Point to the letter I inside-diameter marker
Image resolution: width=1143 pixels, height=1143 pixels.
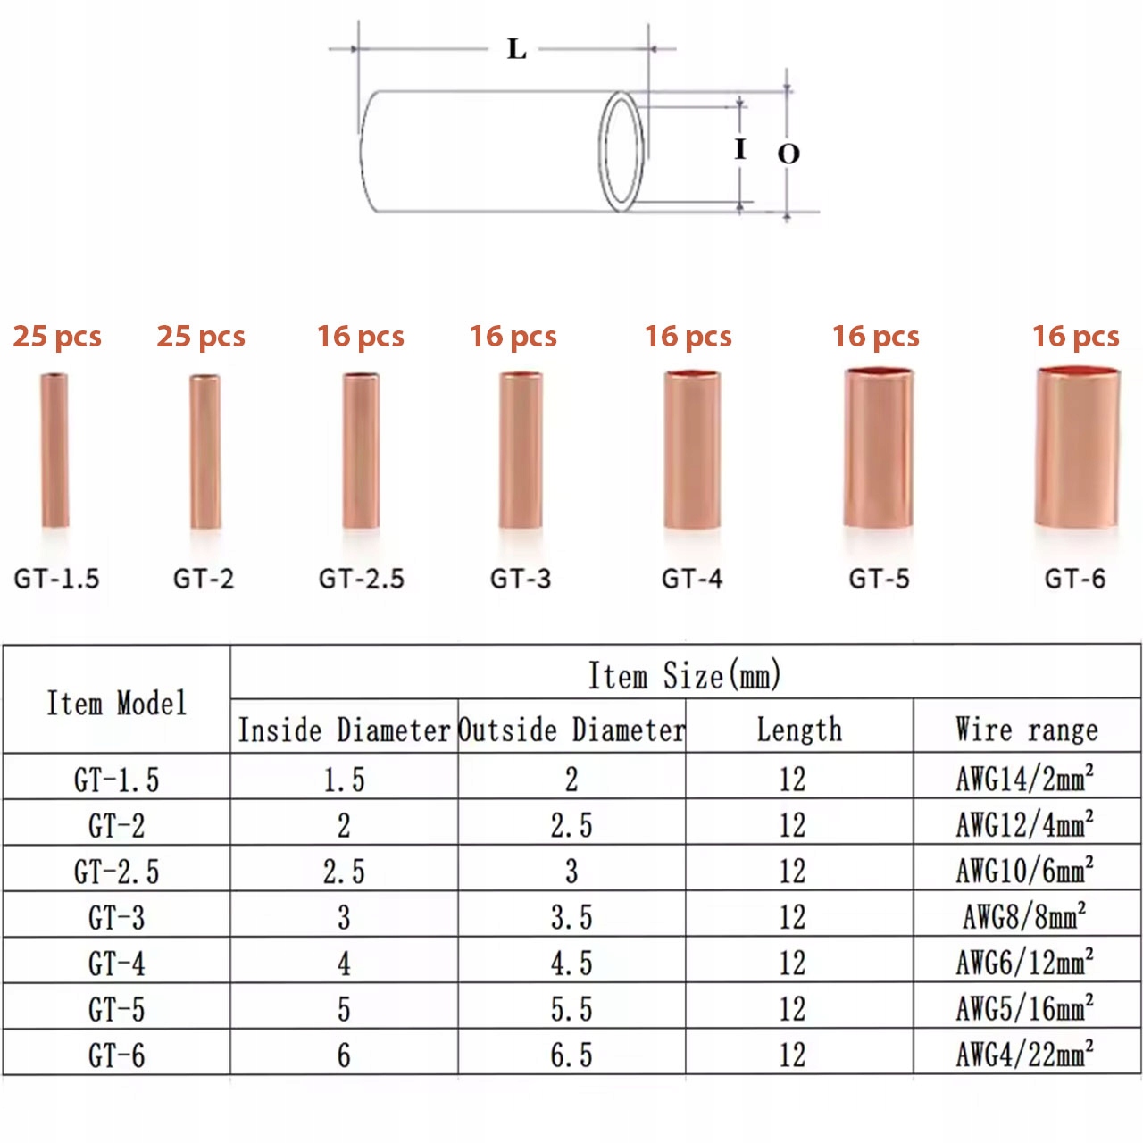click(x=739, y=148)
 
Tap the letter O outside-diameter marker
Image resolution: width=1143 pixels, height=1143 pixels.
click(x=788, y=154)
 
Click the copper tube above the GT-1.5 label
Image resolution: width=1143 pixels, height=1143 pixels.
click(x=54, y=450)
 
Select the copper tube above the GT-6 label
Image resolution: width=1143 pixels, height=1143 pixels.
click(x=1078, y=447)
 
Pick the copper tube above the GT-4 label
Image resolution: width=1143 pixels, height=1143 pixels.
click(x=692, y=449)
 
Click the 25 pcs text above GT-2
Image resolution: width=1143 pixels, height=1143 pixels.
click(x=201, y=337)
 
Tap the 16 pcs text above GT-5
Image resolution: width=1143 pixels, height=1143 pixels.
click(x=875, y=337)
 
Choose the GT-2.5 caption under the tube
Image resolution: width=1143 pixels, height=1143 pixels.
click(x=362, y=579)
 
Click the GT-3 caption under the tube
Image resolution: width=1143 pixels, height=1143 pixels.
click(x=521, y=579)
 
